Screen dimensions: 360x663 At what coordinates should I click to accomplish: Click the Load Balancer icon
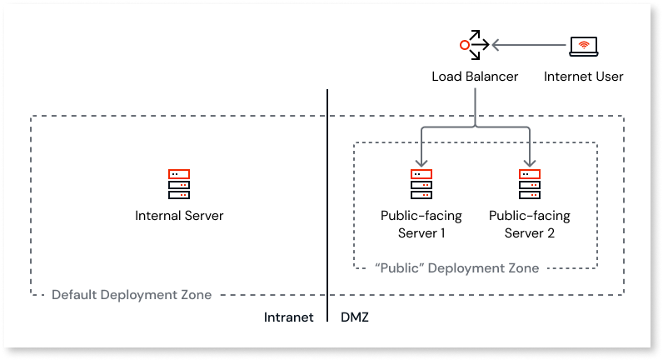pyautogui.click(x=473, y=45)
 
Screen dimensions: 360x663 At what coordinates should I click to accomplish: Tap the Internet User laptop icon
pyautogui.click(x=583, y=47)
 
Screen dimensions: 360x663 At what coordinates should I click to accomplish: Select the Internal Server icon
pyautogui.click(x=179, y=184)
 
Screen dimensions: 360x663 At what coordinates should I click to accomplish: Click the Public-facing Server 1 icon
pyautogui.click(x=421, y=184)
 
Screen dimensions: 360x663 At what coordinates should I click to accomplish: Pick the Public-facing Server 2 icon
pyautogui.click(x=529, y=184)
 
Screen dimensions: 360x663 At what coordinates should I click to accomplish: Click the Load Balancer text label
pyautogui.click(x=475, y=77)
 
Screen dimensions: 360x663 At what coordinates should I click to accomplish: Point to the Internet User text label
pyautogui.click(x=583, y=77)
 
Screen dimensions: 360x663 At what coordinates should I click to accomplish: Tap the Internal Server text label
pyautogui.click(x=179, y=216)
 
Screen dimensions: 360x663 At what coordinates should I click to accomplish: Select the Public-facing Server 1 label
pyautogui.click(x=421, y=224)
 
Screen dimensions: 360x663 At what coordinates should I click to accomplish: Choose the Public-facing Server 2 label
pyautogui.click(x=529, y=224)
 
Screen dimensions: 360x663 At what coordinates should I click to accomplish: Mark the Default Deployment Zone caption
pyautogui.click(x=132, y=295)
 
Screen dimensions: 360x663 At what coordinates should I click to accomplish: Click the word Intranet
pyautogui.click(x=288, y=317)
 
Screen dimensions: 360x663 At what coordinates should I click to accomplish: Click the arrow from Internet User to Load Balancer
pyautogui.click(x=529, y=44)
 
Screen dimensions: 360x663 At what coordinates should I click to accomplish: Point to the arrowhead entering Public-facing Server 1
pyautogui.click(x=421, y=162)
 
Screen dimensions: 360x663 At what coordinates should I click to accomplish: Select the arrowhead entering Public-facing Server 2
pyautogui.click(x=529, y=162)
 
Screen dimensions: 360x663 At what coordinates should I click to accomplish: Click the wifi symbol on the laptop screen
pyautogui.click(x=583, y=44)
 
